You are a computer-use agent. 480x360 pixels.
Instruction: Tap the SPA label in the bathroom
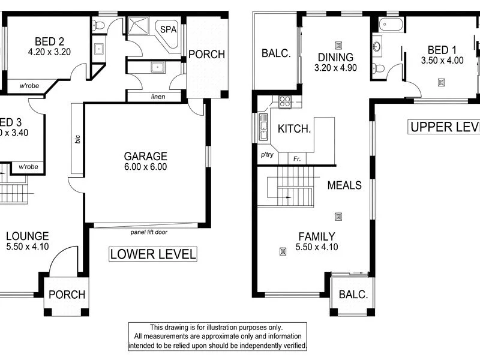click(167, 28)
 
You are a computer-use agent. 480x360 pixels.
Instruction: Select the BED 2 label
click(49, 41)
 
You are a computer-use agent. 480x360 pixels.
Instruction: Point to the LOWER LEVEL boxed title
click(153, 254)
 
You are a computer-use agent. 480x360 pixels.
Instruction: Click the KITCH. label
click(294, 128)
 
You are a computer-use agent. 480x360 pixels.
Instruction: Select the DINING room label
click(336, 57)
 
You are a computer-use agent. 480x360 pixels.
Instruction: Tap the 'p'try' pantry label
click(267, 155)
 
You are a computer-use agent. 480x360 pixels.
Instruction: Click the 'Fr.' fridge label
click(297, 159)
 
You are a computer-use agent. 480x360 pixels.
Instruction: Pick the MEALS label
click(344, 185)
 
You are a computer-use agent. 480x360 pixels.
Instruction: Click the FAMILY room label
click(316, 236)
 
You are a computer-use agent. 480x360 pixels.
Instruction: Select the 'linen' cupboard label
click(158, 97)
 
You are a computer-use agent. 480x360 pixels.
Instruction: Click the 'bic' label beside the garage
click(77, 139)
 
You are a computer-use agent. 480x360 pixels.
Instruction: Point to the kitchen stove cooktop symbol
click(285, 101)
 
